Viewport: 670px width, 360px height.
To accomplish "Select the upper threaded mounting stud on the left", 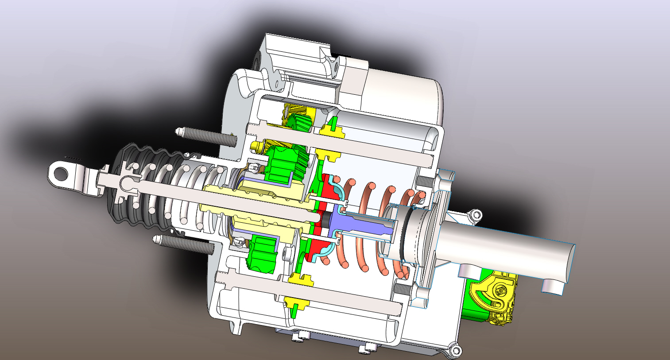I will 208,136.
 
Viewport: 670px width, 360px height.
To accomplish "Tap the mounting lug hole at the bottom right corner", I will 455,351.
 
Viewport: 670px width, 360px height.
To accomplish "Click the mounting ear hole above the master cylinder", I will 476,215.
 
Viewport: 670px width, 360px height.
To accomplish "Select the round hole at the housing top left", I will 258,60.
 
